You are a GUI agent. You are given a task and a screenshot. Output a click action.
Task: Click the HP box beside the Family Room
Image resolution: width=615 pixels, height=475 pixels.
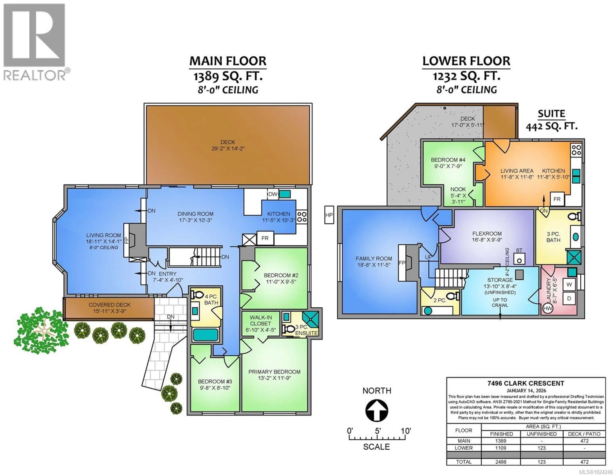point(329,215)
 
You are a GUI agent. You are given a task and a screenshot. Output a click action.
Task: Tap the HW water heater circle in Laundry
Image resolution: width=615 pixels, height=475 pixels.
point(547,308)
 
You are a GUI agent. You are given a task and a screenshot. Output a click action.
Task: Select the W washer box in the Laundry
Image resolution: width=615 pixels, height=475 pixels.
point(569,284)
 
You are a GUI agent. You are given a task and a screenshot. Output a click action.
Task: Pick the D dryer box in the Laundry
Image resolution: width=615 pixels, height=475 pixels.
point(569,298)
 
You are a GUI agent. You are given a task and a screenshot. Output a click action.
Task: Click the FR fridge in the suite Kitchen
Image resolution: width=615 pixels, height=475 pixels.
point(557,199)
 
